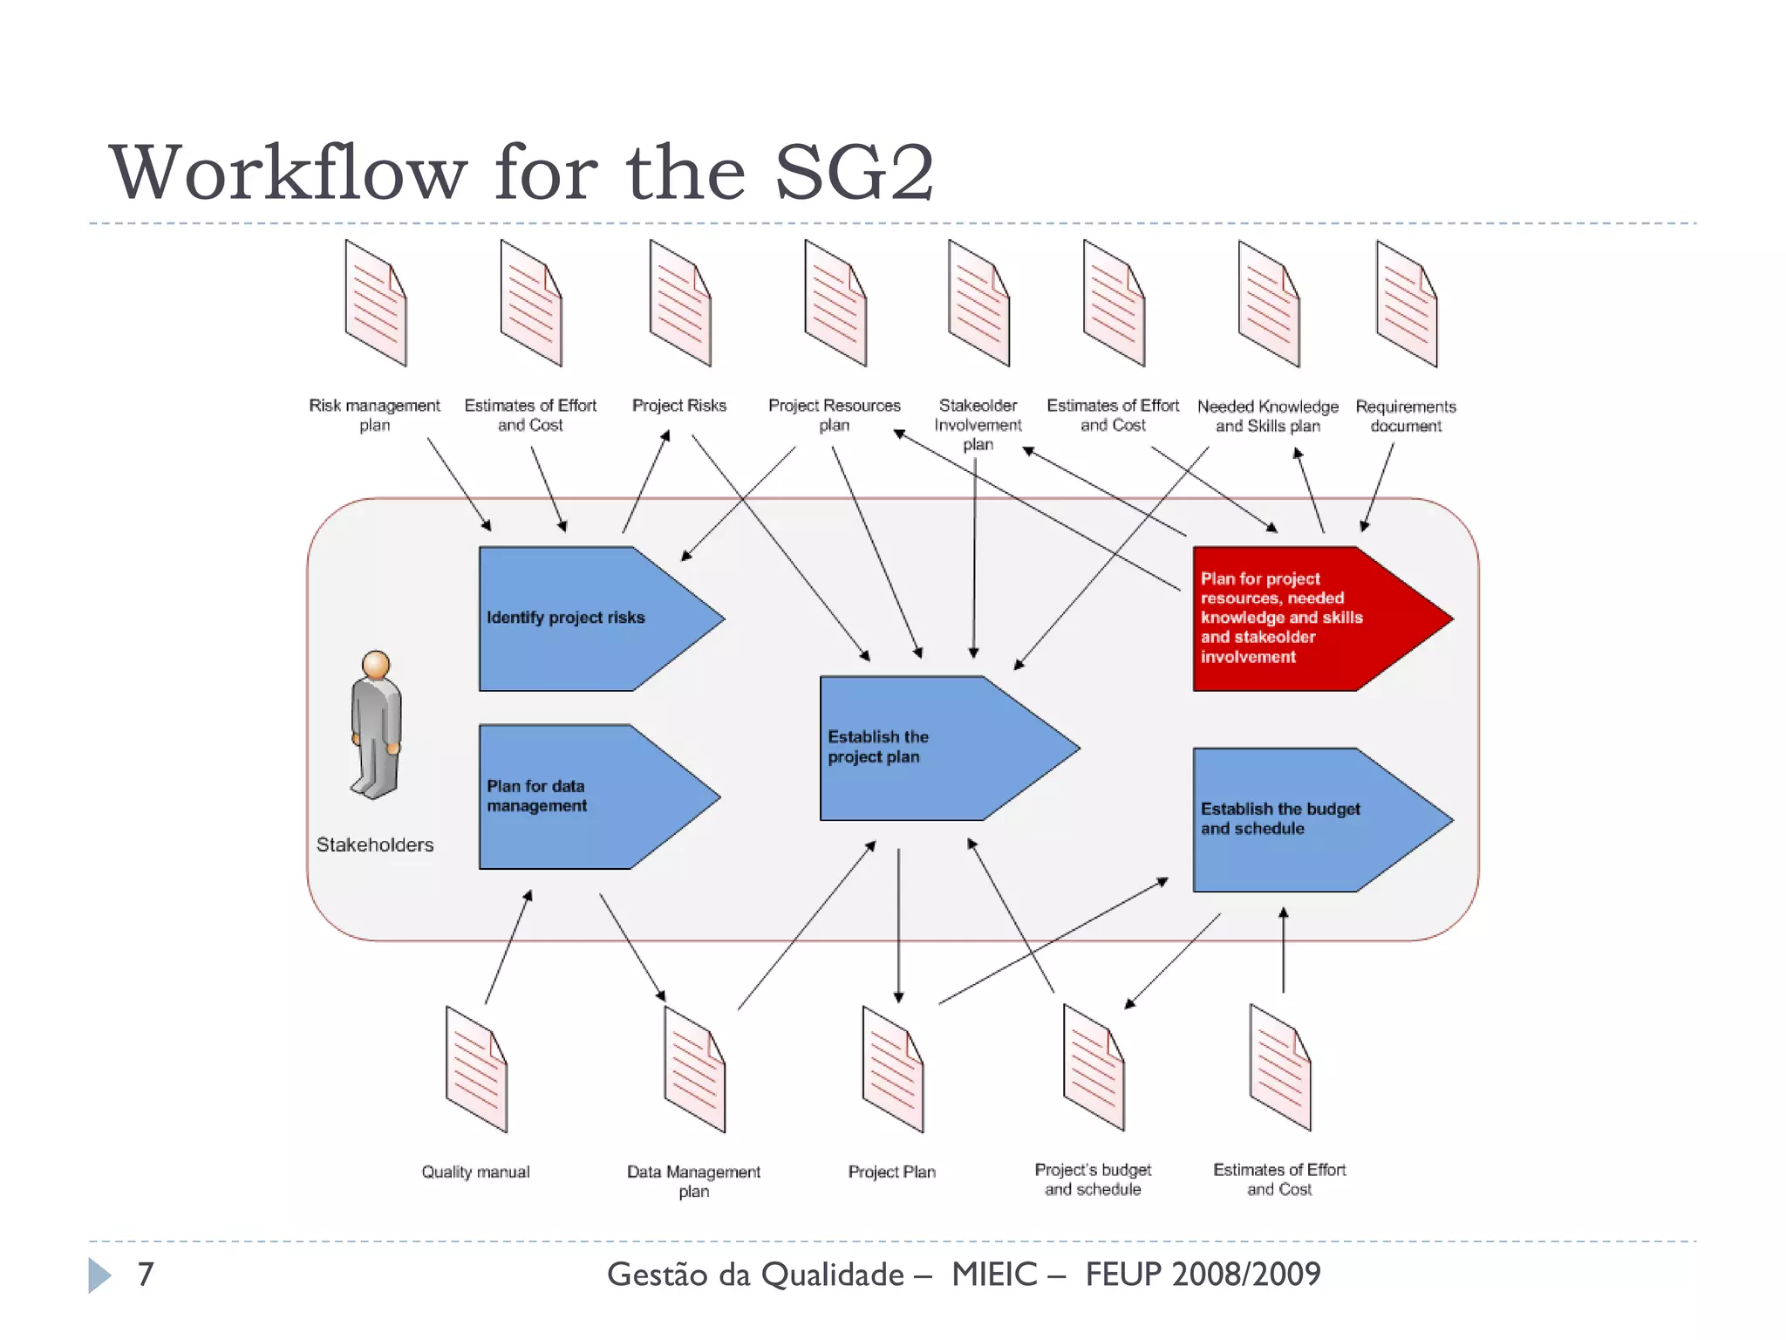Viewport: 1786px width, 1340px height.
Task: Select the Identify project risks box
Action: [x=576, y=618]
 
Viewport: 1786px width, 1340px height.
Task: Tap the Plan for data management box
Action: [x=576, y=796]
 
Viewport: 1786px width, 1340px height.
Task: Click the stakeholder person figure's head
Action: [x=376, y=665]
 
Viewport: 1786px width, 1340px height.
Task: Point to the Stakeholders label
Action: [x=375, y=844]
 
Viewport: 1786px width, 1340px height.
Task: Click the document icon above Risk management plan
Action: [x=376, y=303]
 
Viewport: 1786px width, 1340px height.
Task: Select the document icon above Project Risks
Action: [x=680, y=303]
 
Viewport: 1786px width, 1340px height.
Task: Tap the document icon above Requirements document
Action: [x=1407, y=304]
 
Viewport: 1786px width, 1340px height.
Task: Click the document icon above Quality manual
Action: [x=476, y=1069]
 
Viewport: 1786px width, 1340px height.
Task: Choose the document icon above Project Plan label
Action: [x=892, y=1069]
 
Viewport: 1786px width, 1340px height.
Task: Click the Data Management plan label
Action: [x=693, y=1181]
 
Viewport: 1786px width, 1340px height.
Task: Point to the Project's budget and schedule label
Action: [x=1093, y=1179]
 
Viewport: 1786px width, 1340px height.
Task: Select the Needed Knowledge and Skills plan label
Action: [x=1267, y=416]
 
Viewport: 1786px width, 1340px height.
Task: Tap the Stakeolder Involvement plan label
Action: [x=978, y=425]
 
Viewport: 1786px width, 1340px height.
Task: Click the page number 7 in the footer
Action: [x=146, y=1274]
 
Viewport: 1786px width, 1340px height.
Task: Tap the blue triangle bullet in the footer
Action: [x=99, y=1275]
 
